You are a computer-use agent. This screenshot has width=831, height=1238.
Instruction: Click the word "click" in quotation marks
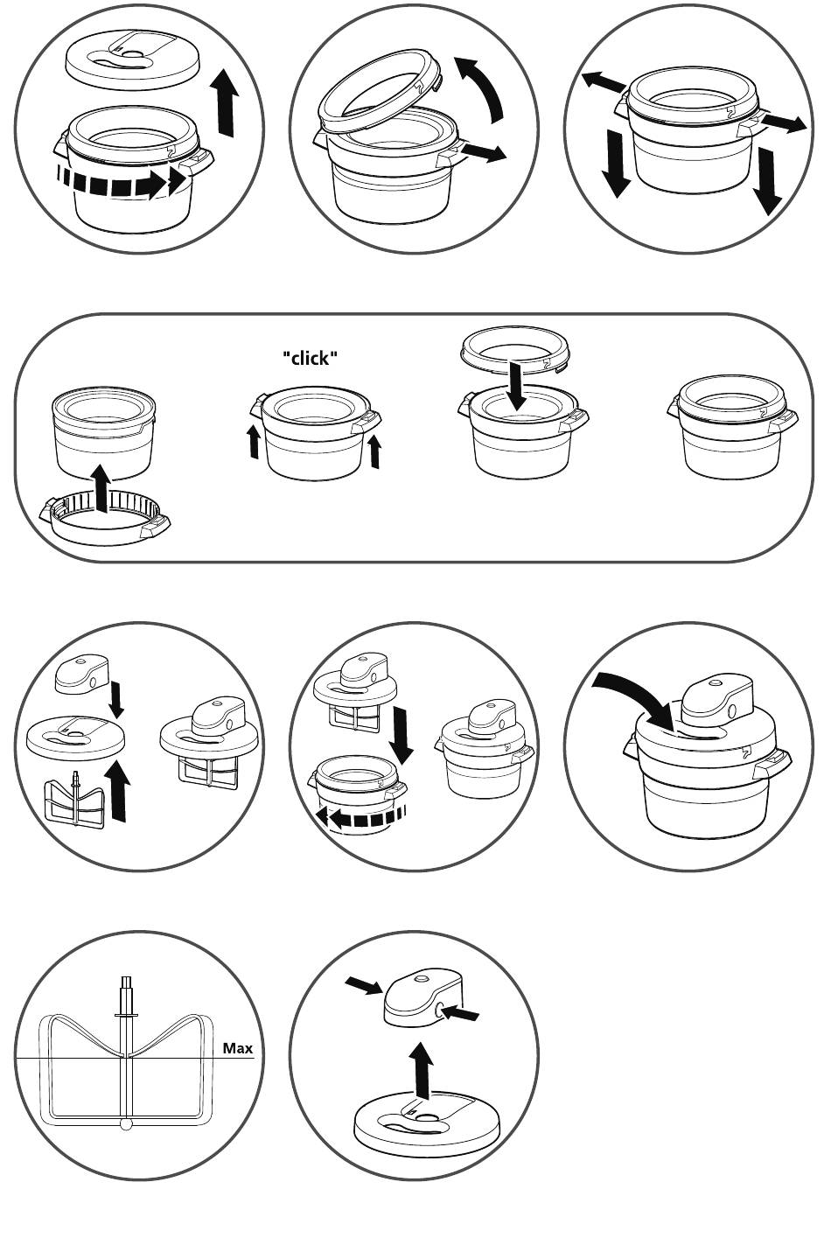point(310,359)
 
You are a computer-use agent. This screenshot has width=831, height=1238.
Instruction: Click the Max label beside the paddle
point(238,1048)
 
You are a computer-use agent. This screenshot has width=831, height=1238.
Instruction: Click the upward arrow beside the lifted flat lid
point(227,102)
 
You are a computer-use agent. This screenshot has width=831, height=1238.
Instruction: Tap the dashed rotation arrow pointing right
point(122,181)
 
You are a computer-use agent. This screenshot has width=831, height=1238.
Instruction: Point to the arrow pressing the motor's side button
point(461,1012)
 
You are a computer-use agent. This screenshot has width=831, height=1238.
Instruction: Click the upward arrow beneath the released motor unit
point(423,1069)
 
